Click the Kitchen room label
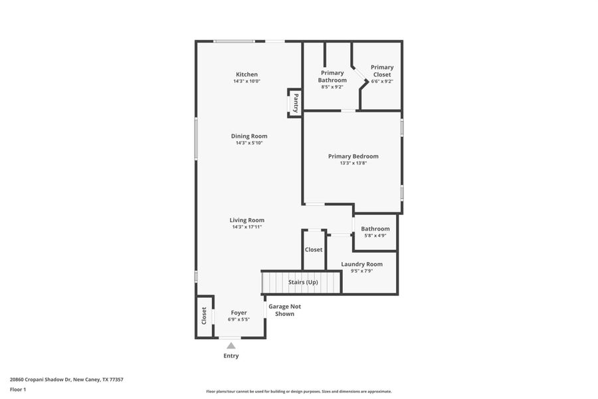247,74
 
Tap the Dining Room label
249,136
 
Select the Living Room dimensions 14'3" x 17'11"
247,227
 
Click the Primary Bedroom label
353,156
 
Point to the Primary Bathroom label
332,76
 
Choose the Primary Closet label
382,70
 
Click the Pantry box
295,102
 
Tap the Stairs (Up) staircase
302,282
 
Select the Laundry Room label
361,264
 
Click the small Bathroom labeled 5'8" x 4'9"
375,231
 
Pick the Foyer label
239,313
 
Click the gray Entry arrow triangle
231,345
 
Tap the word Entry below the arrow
231,356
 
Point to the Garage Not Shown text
284,310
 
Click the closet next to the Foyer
204,315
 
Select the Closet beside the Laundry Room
314,249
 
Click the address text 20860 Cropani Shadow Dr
66,380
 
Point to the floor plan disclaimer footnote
298,392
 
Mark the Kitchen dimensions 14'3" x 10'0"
247,81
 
